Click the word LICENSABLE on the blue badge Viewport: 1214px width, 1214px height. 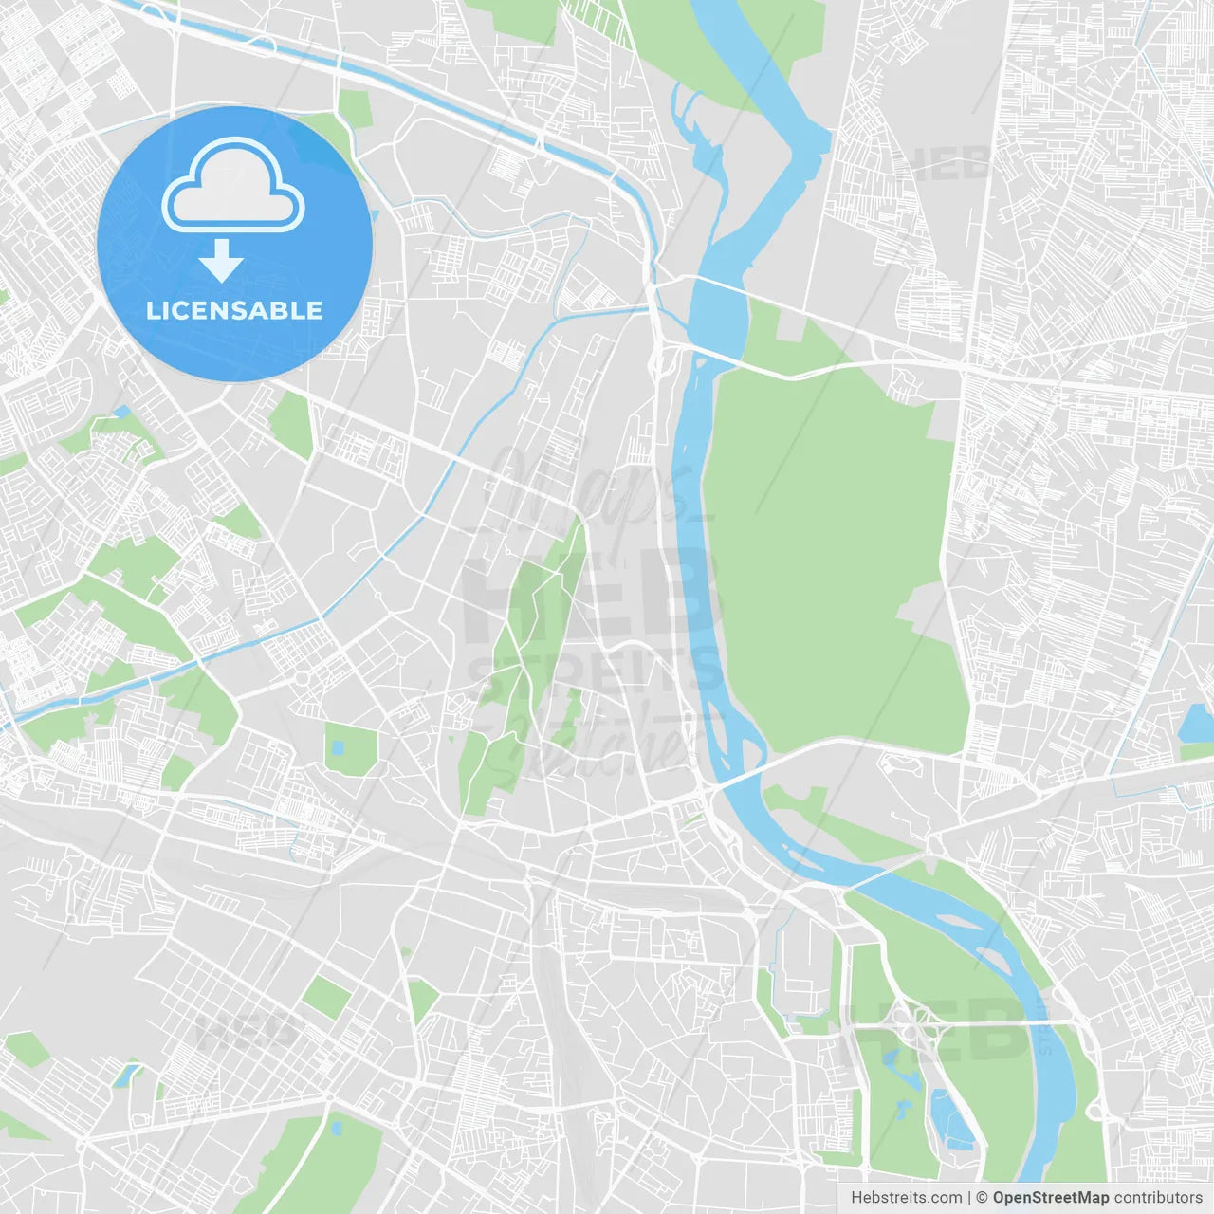tap(234, 310)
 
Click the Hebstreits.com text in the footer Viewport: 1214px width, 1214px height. tap(906, 1198)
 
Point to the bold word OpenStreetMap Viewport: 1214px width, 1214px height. tap(1051, 1198)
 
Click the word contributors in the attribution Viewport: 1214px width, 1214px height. tap(1158, 1198)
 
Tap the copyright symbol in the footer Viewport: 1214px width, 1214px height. tap(983, 1198)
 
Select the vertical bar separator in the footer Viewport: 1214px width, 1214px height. tap(969, 1198)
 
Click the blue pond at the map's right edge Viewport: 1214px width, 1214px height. tap(1197, 726)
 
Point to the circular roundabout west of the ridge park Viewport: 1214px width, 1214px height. tap(303, 678)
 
